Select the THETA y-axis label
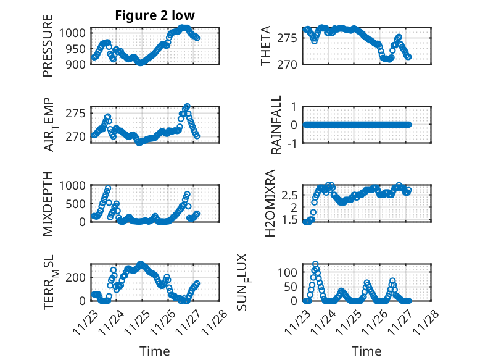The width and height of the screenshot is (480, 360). coord(266,46)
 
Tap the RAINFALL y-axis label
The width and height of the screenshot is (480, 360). coord(277,125)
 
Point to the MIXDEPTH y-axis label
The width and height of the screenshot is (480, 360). coord(48,203)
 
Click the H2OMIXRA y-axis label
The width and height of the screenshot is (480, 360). coord(270,203)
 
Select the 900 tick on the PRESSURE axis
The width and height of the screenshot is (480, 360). coord(78,64)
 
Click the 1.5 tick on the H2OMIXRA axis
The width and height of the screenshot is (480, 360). coord(292,220)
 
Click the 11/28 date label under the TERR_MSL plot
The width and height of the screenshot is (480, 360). coord(215,321)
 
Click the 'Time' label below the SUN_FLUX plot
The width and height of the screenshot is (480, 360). coord(366,351)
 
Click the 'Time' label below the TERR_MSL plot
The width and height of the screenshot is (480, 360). coord(155,351)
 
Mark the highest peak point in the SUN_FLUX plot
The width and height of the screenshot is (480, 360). coord(315,264)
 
